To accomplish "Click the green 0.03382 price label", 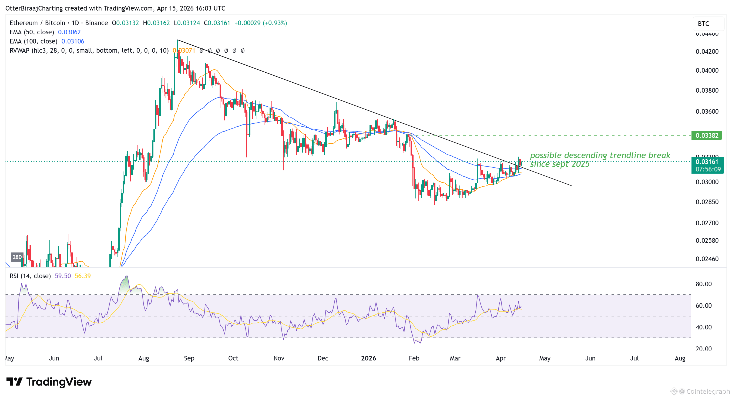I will click(706, 136).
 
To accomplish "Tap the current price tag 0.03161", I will click(706, 162).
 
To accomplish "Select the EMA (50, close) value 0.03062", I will click(69, 32).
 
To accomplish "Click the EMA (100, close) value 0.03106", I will click(73, 42).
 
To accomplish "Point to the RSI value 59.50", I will click(63, 276).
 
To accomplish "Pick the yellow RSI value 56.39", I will click(83, 276).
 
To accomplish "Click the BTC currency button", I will click(704, 23).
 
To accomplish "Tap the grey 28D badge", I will click(17, 257).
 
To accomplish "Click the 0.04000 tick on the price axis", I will click(707, 70).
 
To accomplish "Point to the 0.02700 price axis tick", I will click(707, 223).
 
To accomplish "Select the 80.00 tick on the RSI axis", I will click(703, 284).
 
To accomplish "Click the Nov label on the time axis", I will click(279, 358).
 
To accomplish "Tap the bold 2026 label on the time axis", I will click(368, 358).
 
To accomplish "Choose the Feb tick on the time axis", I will click(414, 358).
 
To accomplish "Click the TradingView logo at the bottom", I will click(49, 382).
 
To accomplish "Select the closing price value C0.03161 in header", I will click(217, 23).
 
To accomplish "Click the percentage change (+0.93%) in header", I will click(275, 23).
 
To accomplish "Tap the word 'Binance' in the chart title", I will click(96, 23).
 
